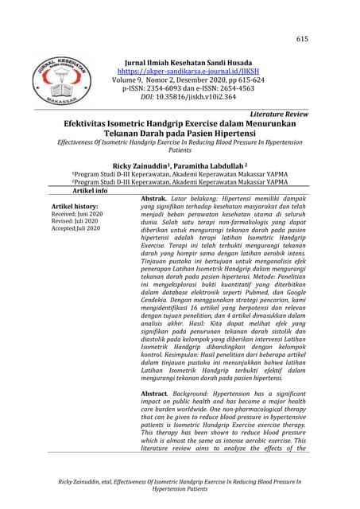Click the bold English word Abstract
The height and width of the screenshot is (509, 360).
point(155,394)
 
